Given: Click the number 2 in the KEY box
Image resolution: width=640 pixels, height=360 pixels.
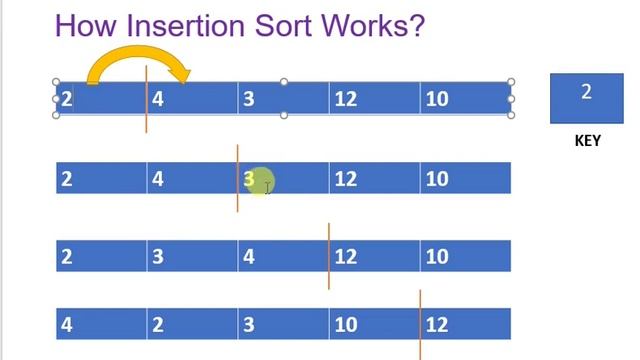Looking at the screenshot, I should coord(586,92).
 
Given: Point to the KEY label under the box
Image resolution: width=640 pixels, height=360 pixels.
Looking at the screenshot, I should coord(587,141).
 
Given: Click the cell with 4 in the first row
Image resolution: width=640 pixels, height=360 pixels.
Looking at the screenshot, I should coord(158,99).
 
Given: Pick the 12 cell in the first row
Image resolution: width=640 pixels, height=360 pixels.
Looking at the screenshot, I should coord(345,99).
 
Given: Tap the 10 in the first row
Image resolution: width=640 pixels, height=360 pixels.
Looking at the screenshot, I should coord(436,99).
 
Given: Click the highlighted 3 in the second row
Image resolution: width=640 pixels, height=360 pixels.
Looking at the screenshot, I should coord(249,179).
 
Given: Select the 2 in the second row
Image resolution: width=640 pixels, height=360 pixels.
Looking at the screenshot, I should coord(67,179).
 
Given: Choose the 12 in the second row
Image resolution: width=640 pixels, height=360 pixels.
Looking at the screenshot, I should coord(345,179).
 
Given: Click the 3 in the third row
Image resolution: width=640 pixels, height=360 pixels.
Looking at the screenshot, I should coord(158,256).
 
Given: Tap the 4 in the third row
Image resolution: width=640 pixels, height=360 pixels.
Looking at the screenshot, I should coord(248,256).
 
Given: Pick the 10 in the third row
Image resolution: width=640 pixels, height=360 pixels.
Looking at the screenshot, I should coord(436,256).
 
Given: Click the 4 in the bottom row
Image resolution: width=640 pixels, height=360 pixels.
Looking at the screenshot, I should coord(67,324).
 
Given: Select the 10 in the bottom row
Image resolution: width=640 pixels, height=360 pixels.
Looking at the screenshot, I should coord(345,324).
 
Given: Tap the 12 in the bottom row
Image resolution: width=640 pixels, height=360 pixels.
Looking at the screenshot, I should coord(436,324).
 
